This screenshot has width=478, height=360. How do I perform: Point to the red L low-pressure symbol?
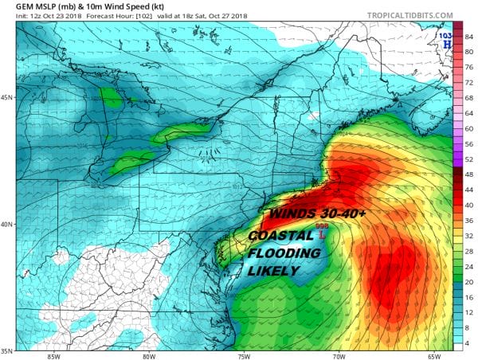(x=323, y=235)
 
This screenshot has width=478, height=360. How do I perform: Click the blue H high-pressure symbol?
(x=447, y=44)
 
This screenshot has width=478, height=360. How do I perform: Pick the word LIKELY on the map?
(x=273, y=272)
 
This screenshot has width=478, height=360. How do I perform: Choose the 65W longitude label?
(x=433, y=356)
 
